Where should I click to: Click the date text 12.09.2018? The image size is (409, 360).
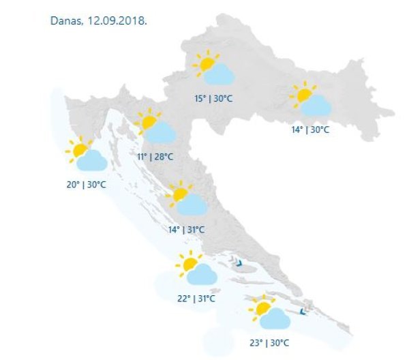click(117, 20)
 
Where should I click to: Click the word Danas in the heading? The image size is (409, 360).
click(66, 20)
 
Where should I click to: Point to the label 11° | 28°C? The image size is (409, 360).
click(155, 157)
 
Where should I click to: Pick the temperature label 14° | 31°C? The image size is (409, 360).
click(186, 229)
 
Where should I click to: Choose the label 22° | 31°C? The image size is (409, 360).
click(196, 298)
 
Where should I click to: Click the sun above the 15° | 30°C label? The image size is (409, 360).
click(204, 63)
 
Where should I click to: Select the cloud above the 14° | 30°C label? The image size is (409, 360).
click(316, 105)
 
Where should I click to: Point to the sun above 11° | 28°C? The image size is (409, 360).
click(147, 122)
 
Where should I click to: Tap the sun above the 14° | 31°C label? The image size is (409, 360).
click(180, 194)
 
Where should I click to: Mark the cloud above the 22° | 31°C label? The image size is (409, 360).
click(202, 274)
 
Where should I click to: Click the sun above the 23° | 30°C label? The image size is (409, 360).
click(260, 307)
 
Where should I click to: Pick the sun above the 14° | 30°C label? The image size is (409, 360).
click(301, 94)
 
